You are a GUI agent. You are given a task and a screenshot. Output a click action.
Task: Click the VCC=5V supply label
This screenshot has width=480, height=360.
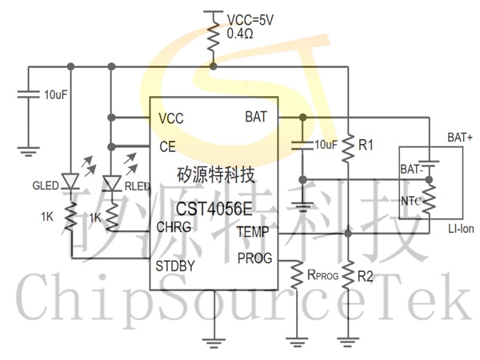click(x=250, y=20)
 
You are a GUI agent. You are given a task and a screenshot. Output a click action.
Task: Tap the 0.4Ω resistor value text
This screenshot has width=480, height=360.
click(x=240, y=34)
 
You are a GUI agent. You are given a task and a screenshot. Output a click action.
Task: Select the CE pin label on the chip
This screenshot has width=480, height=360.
click(x=167, y=146)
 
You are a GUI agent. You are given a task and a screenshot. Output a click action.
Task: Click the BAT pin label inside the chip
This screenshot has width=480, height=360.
click(x=256, y=117)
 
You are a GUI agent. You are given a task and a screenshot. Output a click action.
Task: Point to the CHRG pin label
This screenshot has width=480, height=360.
click(x=174, y=227)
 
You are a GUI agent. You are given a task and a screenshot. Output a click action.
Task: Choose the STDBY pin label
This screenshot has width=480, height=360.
click(x=174, y=266)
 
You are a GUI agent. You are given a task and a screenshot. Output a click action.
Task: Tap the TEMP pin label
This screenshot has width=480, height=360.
click(x=253, y=232)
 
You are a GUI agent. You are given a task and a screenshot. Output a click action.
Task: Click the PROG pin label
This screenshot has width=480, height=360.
click(x=254, y=258)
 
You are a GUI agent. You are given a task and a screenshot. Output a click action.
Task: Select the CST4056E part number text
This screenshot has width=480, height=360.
click(x=214, y=209)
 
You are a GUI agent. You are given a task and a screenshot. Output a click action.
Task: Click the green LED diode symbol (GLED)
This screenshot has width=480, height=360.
click(x=70, y=181)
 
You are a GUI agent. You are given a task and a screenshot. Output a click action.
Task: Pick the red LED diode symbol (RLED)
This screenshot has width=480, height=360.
click(x=112, y=183)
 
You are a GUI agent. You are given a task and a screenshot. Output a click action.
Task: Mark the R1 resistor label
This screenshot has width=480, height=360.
click(x=366, y=145)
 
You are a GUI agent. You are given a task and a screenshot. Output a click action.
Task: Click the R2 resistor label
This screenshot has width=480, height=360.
click(x=366, y=277)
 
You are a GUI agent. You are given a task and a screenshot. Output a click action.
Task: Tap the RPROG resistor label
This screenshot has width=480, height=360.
click(x=322, y=275)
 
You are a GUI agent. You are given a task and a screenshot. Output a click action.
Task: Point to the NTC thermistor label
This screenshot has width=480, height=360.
click(x=410, y=201)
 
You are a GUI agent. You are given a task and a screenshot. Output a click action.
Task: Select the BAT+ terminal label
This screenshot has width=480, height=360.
click(x=460, y=138)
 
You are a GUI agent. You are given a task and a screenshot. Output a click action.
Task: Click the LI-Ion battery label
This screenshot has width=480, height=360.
click(x=461, y=228)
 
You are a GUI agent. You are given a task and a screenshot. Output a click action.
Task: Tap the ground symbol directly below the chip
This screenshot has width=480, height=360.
click(x=214, y=343)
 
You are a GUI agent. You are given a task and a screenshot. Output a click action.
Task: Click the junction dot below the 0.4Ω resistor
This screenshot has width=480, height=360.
click(x=214, y=66)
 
